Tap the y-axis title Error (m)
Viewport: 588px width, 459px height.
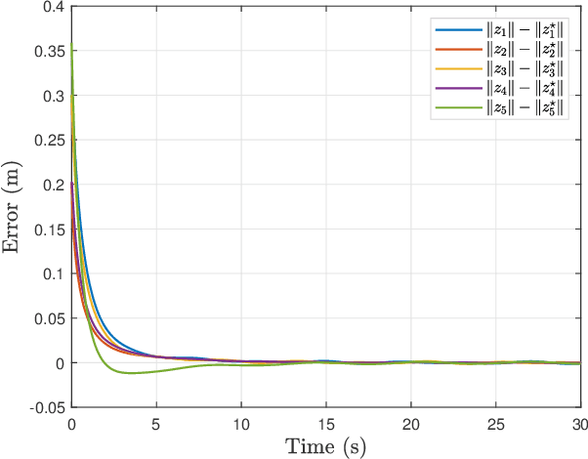14,207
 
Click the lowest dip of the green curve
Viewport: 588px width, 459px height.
130,373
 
